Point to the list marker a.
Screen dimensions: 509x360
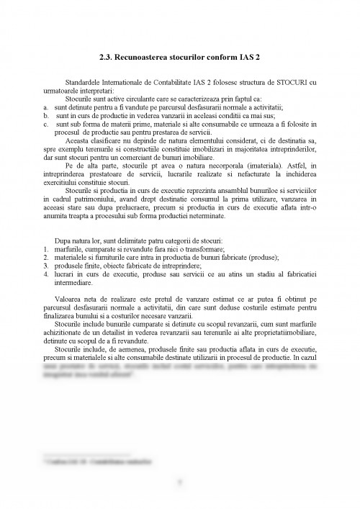pos(45,107)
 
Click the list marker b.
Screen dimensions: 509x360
pos(45,114)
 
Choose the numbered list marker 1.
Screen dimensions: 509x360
pos(45,248)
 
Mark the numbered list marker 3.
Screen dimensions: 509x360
pos(45,264)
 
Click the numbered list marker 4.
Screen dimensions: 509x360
pos(45,273)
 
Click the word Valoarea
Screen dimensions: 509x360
pos(71,297)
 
